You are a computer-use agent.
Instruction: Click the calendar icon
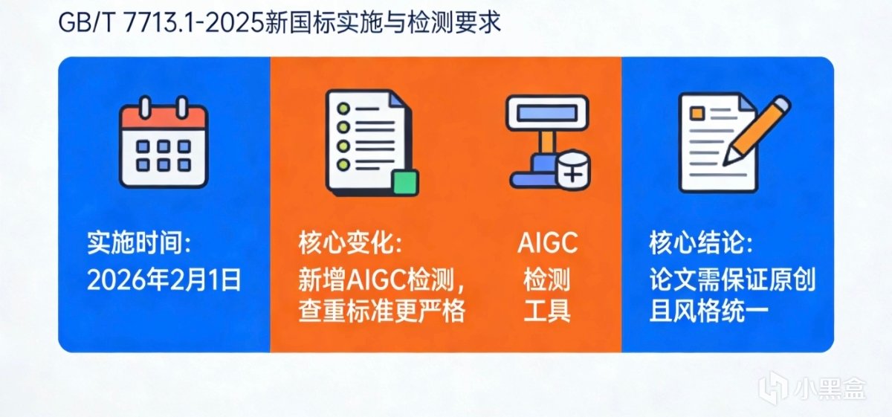tap(164, 142)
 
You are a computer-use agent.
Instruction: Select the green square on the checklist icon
tap(405, 183)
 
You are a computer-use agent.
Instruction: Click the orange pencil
tap(757, 130)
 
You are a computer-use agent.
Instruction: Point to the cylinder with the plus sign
tap(572, 170)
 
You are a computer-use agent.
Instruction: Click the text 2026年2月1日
tap(164, 280)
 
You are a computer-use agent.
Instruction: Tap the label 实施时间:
tap(140, 242)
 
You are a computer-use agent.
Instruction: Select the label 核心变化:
tap(350, 242)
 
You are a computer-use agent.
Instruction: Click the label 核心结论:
tap(701, 242)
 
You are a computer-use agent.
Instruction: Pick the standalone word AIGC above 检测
tap(548, 242)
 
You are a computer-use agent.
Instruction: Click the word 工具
tap(547, 310)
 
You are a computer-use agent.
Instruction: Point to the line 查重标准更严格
tap(382, 310)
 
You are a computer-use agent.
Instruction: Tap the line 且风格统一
tap(708, 310)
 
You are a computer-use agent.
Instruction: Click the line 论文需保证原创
tap(732, 279)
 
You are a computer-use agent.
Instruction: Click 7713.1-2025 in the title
tap(194, 23)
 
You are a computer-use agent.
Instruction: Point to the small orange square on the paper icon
tap(697, 113)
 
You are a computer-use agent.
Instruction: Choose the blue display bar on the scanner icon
tap(548, 113)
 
